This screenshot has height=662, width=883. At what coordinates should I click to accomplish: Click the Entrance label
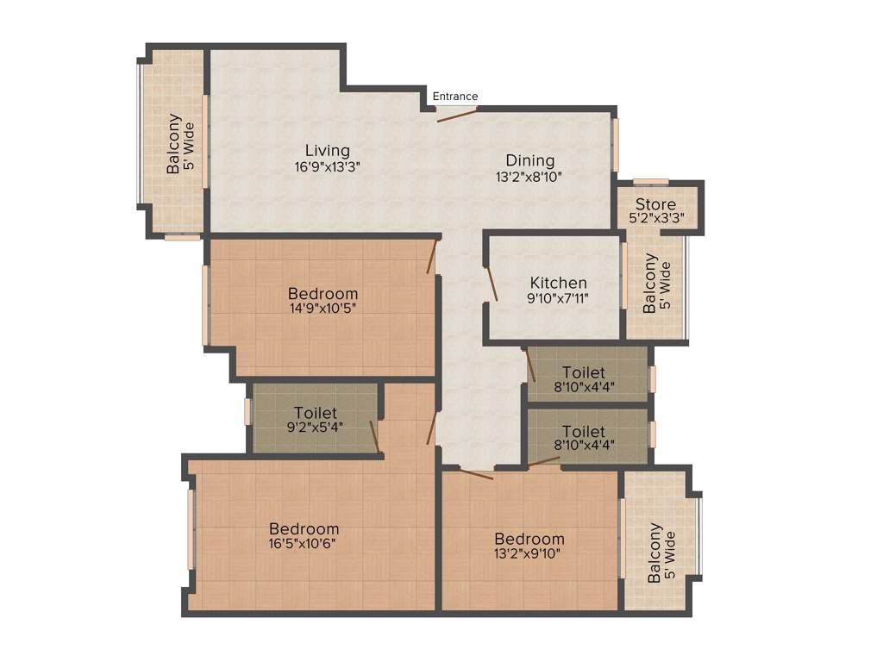coord(454,97)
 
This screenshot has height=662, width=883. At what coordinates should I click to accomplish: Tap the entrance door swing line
coord(457,115)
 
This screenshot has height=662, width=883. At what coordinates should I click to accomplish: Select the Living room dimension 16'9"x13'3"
coord(326,168)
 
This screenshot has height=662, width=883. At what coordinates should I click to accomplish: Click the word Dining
coord(529,160)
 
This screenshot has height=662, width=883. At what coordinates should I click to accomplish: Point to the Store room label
coord(655,205)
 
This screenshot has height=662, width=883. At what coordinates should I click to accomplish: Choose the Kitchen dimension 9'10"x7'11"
coord(558,298)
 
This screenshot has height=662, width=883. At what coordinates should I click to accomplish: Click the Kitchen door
coord(492,284)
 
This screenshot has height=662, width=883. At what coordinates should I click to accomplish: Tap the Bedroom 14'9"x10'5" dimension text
coord(323,309)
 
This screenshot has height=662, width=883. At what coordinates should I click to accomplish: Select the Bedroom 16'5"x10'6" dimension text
coord(304,544)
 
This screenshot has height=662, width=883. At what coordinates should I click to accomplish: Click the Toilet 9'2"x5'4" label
coord(315,414)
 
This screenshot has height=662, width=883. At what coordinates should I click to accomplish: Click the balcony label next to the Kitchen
coord(656,284)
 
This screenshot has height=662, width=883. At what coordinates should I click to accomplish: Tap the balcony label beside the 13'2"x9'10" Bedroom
coord(661,553)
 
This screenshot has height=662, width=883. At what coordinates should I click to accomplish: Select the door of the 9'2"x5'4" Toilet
coord(374,435)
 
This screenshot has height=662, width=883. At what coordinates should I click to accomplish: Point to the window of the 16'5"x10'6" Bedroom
coord(191,528)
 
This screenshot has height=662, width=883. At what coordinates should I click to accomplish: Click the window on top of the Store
coord(650,181)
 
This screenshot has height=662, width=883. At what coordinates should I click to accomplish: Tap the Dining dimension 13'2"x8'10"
coord(529,177)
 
